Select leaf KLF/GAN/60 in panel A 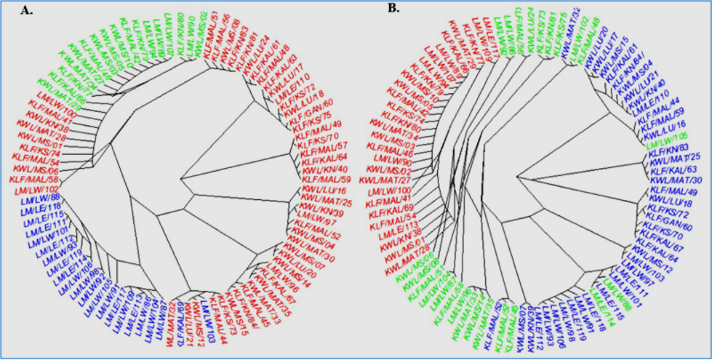click(314, 107)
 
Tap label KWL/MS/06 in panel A click(35, 169)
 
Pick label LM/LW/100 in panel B click(393, 190)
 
